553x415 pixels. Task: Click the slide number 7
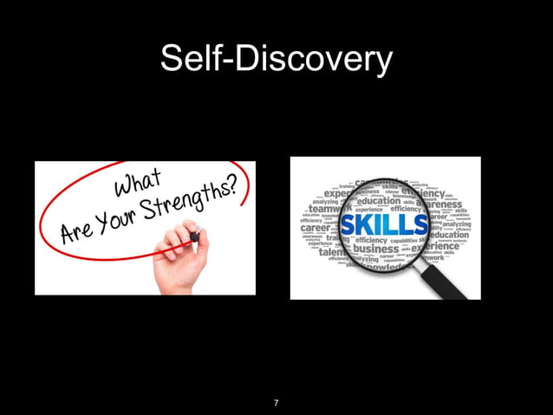[276, 403]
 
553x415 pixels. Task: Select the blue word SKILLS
[384, 225]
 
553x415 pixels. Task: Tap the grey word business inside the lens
[376, 250]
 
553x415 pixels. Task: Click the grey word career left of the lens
[315, 229]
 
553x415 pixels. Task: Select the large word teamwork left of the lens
[325, 209]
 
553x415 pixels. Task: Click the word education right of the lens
[448, 235]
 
